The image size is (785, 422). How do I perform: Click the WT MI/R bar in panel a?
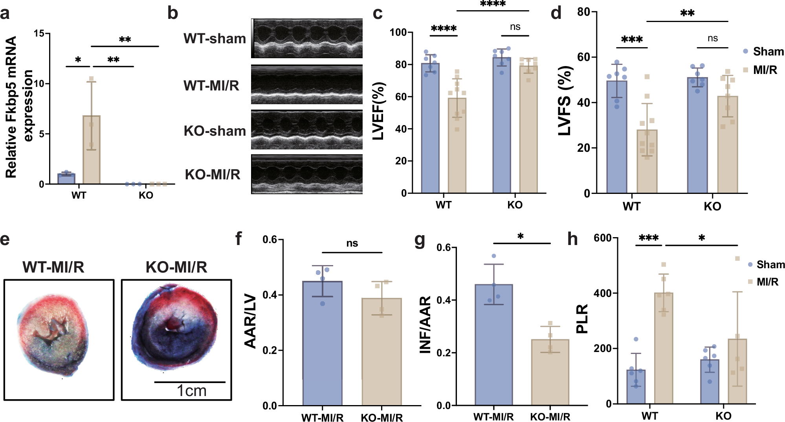pos(91,150)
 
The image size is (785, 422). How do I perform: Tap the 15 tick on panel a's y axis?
pos(39,33)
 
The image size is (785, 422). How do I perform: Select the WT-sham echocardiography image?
pos(307,39)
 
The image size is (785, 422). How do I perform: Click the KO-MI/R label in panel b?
pos(213,174)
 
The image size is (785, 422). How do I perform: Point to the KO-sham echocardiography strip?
pos(307,130)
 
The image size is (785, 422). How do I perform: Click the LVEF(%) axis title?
pos(379,111)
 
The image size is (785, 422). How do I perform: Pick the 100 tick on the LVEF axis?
pos(398,32)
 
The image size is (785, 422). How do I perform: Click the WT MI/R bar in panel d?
pos(647,161)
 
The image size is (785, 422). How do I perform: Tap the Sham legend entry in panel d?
pos(763,52)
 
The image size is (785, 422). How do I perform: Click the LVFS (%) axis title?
pos(565,101)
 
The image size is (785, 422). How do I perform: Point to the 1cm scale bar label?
pos(191,391)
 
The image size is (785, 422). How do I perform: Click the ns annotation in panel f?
pos(352,243)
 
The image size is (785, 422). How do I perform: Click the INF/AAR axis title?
pos(426,325)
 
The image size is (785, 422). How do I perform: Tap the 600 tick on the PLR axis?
pos(602,238)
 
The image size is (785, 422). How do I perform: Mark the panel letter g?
pos(420,240)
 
